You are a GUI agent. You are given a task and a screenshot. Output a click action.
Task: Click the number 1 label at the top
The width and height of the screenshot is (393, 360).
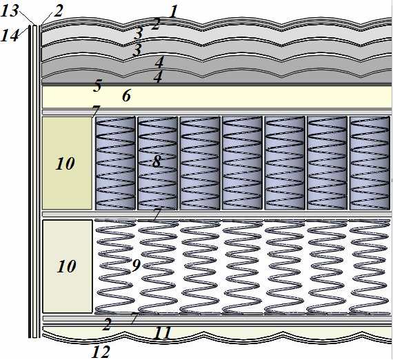(x=173, y=12)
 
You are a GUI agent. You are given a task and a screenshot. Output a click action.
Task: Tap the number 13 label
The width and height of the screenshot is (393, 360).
(x=10, y=11)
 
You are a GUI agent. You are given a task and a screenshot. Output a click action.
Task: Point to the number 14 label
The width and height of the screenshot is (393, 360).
(x=10, y=35)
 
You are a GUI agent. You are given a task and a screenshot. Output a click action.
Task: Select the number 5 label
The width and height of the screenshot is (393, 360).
(x=97, y=86)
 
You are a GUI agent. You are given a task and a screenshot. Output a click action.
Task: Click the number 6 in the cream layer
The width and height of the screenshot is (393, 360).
(x=127, y=96)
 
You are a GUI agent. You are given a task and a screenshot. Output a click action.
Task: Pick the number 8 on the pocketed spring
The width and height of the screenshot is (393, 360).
(x=157, y=161)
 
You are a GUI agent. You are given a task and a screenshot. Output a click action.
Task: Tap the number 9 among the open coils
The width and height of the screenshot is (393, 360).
(x=136, y=266)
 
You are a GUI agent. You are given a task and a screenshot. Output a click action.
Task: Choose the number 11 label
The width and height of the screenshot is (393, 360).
(x=162, y=333)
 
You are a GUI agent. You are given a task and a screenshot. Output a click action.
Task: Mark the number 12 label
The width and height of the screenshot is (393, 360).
(x=101, y=352)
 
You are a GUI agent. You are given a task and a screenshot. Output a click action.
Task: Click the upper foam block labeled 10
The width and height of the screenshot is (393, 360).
(x=67, y=163)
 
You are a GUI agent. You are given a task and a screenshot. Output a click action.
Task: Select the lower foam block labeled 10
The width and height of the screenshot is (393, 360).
(x=68, y=266)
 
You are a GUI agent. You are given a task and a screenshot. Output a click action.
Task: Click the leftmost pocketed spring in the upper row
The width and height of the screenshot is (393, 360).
(x=115, y=163)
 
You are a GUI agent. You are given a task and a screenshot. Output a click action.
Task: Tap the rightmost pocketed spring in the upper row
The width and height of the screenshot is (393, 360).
(x=370, y=163)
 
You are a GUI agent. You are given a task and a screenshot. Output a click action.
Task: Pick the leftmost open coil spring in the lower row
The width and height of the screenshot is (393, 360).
(x=115, y=267)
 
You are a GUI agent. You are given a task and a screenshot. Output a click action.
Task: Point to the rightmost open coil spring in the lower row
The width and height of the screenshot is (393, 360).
(x=370, y=267)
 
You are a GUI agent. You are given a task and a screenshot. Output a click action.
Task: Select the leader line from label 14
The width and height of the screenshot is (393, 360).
(x=24, y=30)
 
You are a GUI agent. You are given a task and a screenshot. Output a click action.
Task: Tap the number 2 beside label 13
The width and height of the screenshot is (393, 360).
(x=58, y=12)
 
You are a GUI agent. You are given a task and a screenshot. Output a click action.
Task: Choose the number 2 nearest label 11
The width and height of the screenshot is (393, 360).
(x=106, y=325)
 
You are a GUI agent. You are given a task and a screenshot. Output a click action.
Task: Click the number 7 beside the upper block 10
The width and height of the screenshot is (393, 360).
(x=96, y=110)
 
